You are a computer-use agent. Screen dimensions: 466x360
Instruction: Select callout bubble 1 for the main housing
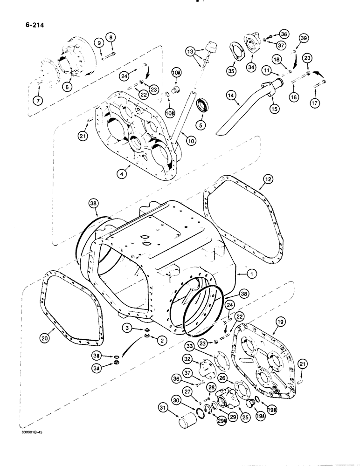click(252, 275)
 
